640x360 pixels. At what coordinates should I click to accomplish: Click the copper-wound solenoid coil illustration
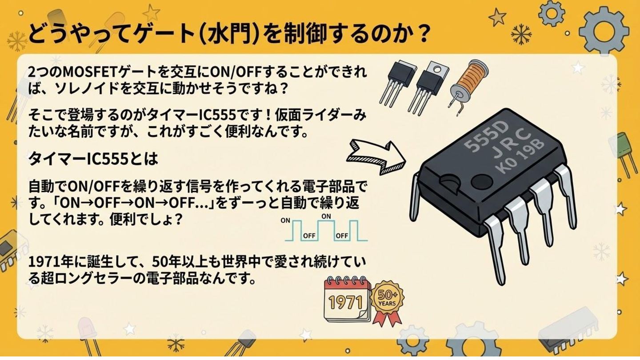pyautogui.click(x=468, y=86)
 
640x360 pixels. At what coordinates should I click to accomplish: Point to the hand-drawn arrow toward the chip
pyautogui.click(x=376, y=157)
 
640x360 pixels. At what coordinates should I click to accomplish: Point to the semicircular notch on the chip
pyautogui.click(x=449, y=182)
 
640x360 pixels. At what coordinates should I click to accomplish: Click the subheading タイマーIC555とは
pyautogui.click(x=93, y=159)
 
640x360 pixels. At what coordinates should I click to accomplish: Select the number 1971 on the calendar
pyautogui.click(x=345, y=302)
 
